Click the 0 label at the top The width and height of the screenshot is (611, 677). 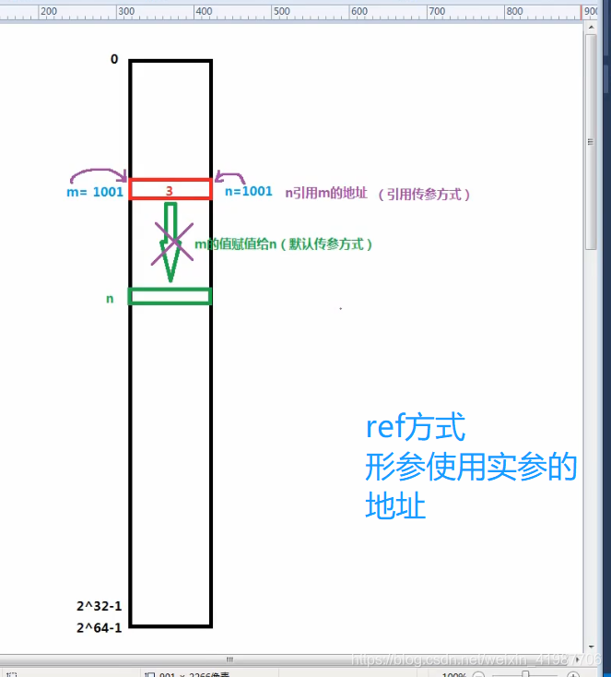(114, 59)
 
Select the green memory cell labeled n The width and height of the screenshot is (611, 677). (170, 296)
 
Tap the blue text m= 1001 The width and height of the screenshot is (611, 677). (95, 192)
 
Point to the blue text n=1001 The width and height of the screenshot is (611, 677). (249, 191)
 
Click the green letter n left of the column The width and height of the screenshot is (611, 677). (110, 299)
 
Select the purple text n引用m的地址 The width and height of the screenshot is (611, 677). (326, 193)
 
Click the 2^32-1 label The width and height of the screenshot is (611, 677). (100, 607)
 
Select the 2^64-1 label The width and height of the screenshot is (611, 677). (100, 627)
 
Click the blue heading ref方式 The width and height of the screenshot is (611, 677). (416, 428)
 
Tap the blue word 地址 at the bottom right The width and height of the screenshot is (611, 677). (395, 505)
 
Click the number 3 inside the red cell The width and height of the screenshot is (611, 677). (170, 190)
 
